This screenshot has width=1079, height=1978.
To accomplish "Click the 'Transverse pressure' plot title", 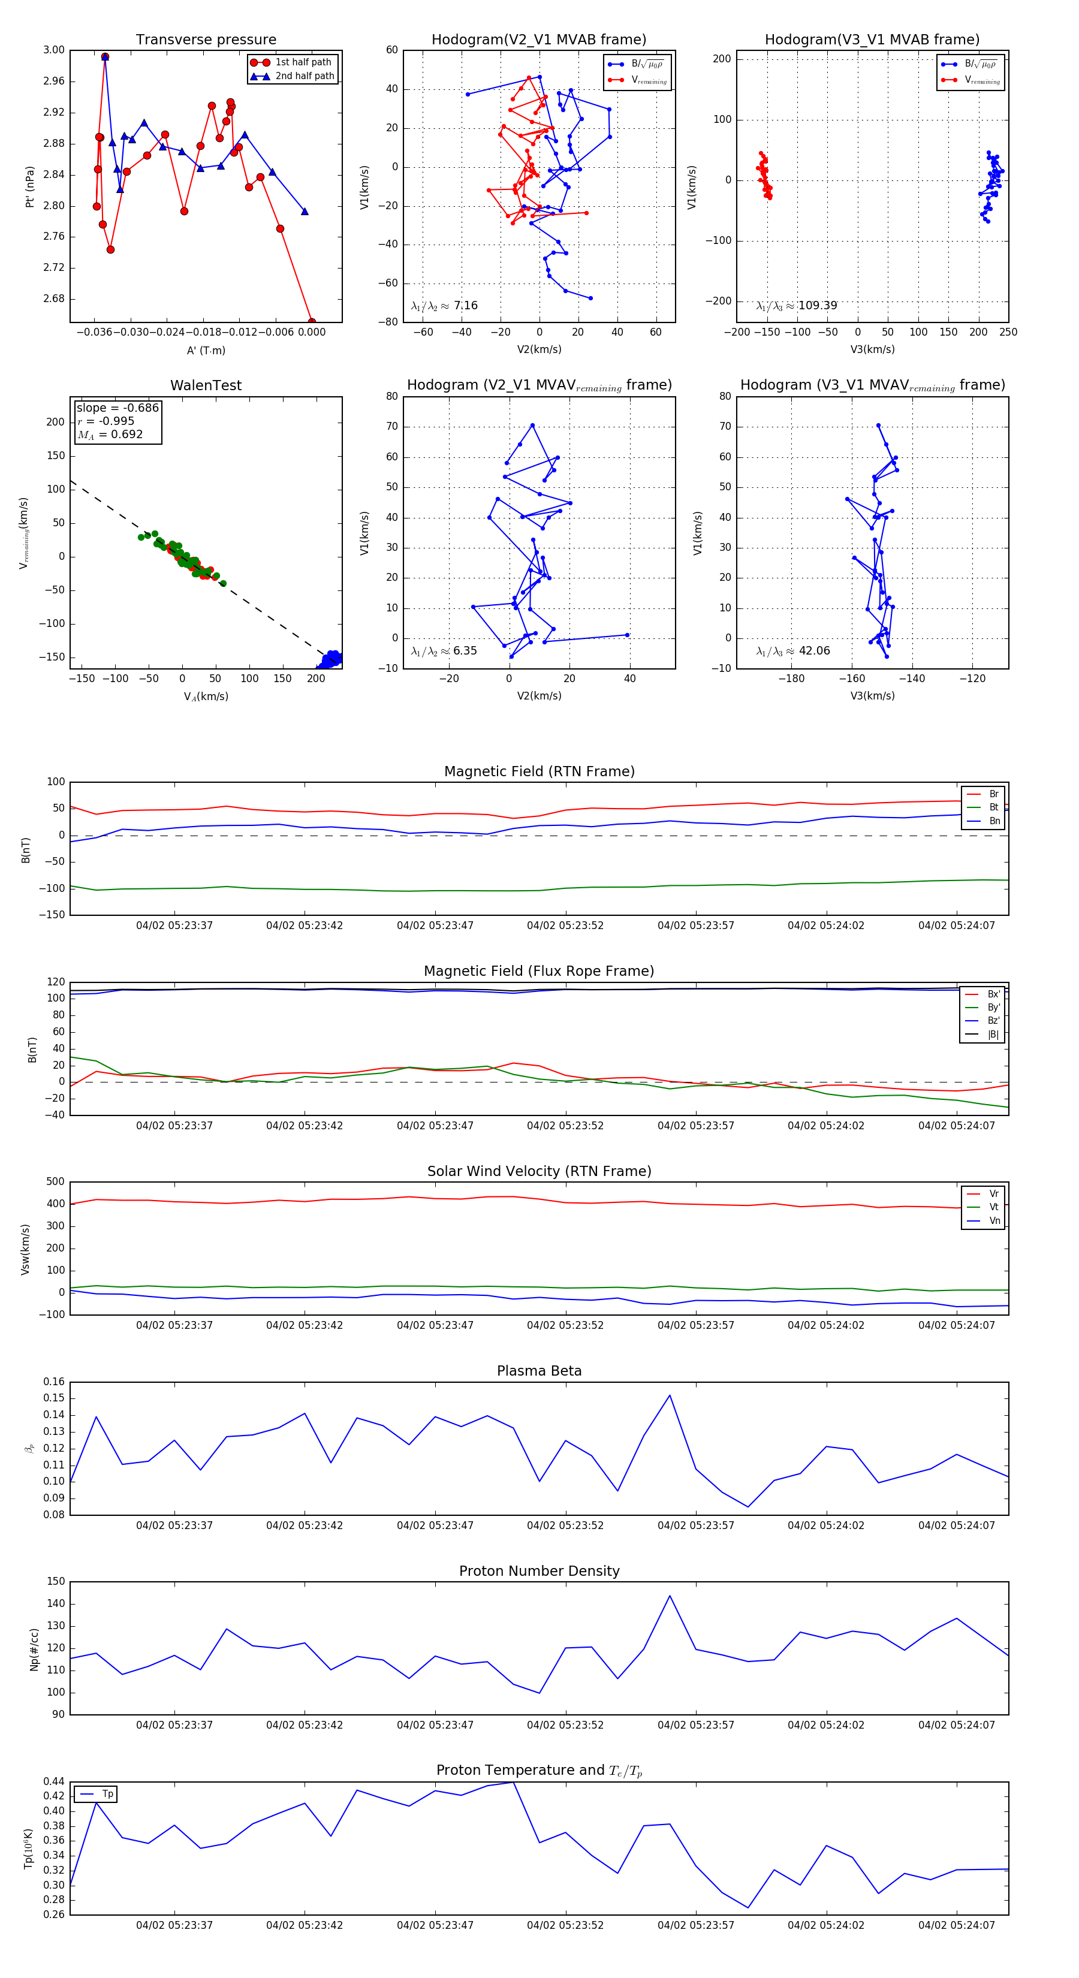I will (x=206, y=40).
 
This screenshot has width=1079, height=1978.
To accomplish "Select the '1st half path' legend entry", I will (x=303, y=62).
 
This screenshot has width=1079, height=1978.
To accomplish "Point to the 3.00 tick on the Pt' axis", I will (x=54, y=50).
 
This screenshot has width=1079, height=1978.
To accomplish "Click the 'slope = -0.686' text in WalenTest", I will (x=117, y=408).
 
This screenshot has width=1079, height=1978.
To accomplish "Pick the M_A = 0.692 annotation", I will (x=110, y=435).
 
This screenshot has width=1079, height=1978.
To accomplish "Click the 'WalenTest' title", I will (x=206, y=385).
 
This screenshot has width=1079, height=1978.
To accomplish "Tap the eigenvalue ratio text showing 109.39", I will (x=797, y=306).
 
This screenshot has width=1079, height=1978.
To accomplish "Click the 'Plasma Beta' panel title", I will (x=539, y=1371).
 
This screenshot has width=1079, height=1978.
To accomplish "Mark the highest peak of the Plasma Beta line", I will (x=670, y=1396).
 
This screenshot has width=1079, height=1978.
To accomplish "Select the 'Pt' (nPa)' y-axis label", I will (x=30, y=186).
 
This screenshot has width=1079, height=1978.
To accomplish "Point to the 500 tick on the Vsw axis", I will (x=55, y=1182).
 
